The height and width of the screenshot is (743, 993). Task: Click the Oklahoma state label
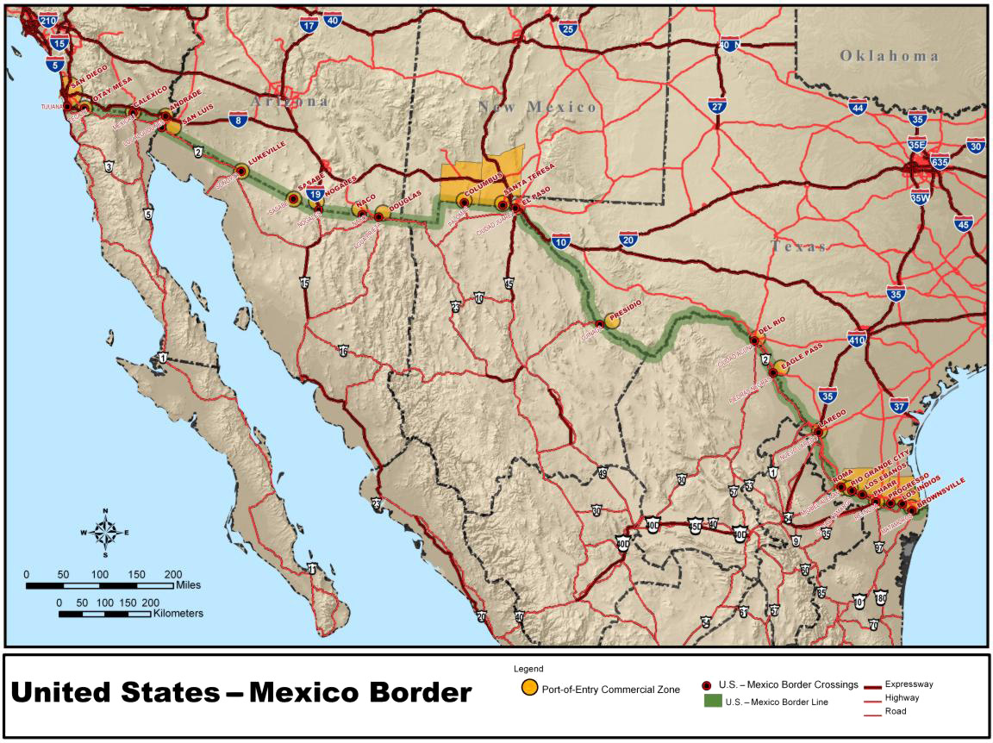889,56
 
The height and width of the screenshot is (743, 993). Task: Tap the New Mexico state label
538,107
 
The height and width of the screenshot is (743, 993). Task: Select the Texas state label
798,247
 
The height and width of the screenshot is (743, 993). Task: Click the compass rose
104,532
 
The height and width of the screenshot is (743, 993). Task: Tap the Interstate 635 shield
940,161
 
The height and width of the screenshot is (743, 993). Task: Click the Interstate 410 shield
857,338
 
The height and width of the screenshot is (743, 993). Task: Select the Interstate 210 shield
48,21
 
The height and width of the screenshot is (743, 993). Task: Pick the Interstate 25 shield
567,29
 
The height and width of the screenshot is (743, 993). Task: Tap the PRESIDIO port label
625,315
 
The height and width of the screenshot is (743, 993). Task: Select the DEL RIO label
773,327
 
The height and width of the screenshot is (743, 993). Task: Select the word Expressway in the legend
909,684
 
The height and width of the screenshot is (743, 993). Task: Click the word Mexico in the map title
360,693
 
